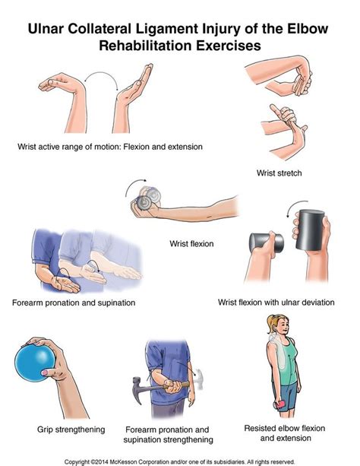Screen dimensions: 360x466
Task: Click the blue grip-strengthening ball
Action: tap(35, 363)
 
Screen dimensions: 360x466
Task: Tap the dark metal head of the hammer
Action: tap(139, 387)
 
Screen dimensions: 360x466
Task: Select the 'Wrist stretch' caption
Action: tap(279, 173)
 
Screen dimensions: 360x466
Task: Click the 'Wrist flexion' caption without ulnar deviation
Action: tap(191, 244)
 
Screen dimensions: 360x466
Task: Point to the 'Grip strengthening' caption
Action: tap(71, 430)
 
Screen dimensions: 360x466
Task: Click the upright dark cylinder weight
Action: tap(309, 230)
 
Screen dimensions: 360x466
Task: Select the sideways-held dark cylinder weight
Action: tap(267, 243)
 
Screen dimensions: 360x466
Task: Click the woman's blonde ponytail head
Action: tap(278, 325)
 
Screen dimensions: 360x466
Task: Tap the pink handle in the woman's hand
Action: tap(279, 404)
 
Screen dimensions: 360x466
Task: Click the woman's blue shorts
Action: tap(285, 396)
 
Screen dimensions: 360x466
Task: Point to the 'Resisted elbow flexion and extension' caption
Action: tap(285, 433)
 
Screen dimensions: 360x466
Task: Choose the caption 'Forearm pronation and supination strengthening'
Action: tap(168, 435)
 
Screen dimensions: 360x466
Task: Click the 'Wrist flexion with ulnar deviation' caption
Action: tap(276, 303)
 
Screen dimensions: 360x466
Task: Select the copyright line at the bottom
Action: tap(179, 462)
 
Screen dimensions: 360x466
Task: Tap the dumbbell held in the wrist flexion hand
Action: tap(149, 198)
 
